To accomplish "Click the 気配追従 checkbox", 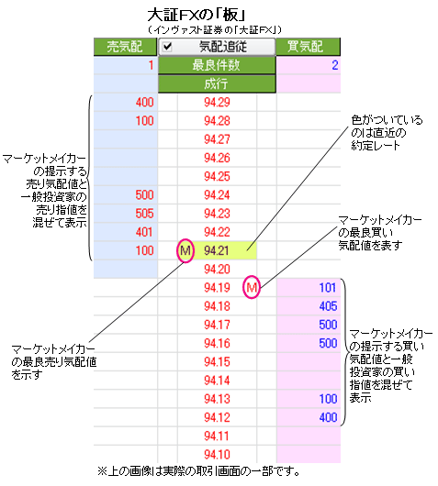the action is [167, 47].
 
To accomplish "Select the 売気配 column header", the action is [125, 47].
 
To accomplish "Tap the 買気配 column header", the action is [308, 47].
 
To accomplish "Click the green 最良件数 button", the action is [217, 65].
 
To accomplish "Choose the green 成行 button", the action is [217, 83].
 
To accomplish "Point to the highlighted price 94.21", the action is [217, 250].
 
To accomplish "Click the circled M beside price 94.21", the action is [185, 250].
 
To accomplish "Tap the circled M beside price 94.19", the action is [251, 287].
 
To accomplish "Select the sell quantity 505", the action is [144, 214].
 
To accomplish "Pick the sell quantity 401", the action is [144, 232].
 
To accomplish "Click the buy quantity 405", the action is [328, 306].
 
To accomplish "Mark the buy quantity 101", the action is [328, 288].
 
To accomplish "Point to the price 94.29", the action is [217, 103].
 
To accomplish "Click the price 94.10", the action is [217, 455].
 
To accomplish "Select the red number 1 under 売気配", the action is [151, 65].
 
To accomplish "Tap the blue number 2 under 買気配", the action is [334, 65].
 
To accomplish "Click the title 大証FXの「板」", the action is [197, 15].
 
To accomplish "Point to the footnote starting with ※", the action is [199, 471].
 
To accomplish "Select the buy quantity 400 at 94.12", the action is [328, 417].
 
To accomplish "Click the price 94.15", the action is [217, 361].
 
